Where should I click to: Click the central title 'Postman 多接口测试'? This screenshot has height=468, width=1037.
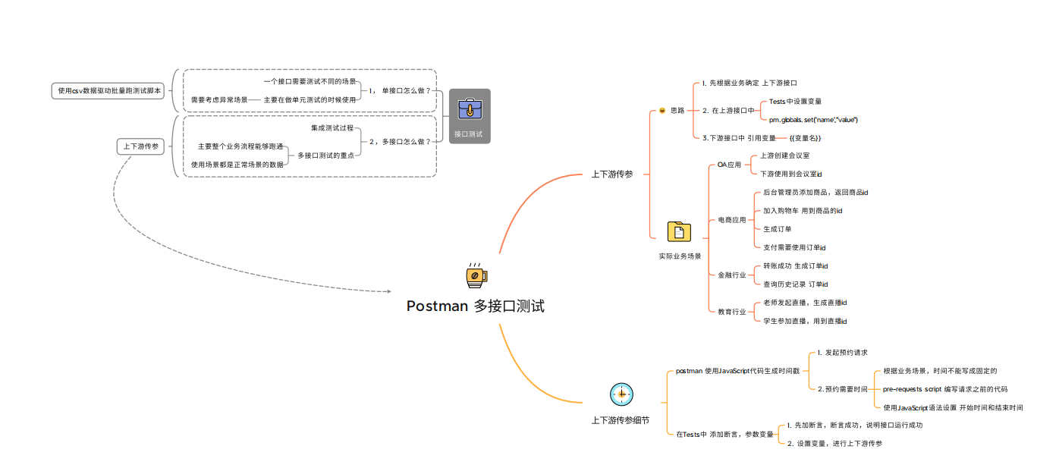(476, 306)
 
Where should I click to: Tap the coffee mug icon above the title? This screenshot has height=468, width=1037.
(476, 275)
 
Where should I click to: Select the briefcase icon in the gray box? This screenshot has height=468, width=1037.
(470, 109)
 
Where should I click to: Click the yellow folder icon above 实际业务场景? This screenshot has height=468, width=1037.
(679, 231)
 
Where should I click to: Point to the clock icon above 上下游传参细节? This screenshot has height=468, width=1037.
(621, 394)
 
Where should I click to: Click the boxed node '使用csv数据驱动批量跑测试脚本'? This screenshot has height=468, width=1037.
(108, 91)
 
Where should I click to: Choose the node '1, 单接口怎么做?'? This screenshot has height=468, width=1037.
(400, 91)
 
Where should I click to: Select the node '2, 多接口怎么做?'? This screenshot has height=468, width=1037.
(400, 142)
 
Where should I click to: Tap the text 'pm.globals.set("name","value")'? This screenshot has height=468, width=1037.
(813, 120)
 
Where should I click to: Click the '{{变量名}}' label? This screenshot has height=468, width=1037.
(805, 138)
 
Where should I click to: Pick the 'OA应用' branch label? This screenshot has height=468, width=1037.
(729, 165)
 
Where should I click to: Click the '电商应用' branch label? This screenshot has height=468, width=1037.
(732, 220)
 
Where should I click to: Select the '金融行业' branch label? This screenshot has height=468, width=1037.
(732, 275)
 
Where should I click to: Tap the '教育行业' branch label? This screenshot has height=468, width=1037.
(732, 312)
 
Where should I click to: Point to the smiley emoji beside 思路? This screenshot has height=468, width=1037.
(662, 111)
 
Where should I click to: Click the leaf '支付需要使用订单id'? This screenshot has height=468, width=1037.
(794, 248)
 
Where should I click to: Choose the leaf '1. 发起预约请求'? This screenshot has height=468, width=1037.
(843, 353)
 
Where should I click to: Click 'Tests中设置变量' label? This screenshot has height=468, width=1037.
(795, 102)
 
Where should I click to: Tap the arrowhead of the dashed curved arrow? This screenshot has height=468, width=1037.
(389, 291)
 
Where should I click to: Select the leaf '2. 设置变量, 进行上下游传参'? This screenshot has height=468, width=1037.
(834, 444)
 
